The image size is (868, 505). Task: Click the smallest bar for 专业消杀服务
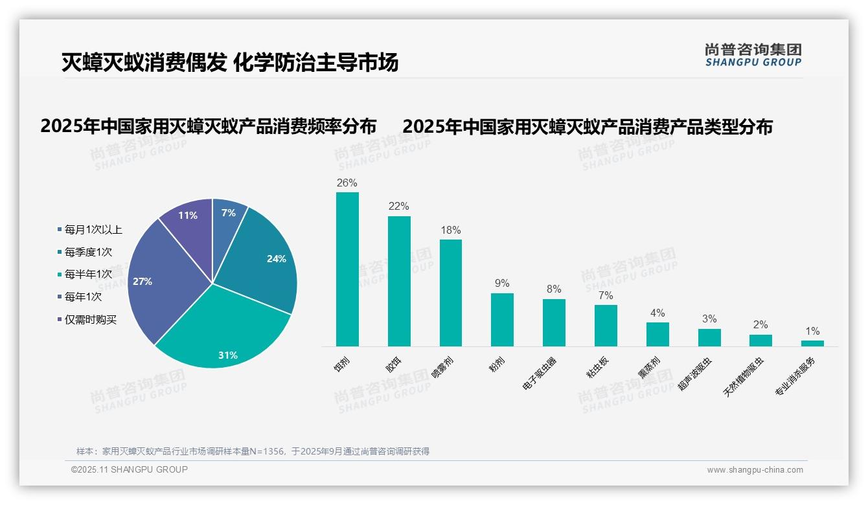tap(812, 343)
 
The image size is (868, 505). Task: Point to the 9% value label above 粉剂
tap(502, 283)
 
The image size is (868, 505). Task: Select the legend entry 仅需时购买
tap(90, 319)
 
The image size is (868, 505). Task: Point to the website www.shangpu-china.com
tap(755, 470)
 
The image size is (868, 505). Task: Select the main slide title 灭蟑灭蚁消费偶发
tap(144, 63)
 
